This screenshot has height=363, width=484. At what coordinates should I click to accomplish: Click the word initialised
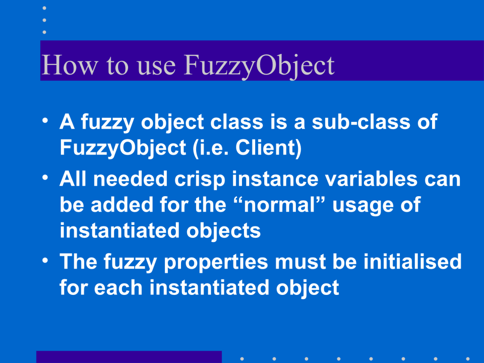[412, 261]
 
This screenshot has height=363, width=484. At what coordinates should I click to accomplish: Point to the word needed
[130, 179]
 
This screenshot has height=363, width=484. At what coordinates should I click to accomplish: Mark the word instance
[275, 179]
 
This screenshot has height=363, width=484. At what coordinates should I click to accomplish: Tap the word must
[300, 262]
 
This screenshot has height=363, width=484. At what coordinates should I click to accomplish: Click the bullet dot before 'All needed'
[45, 178]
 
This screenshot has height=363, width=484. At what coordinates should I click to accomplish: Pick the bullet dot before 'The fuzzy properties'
[45, 260]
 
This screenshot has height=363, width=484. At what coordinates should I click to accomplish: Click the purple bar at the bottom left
[129, 357]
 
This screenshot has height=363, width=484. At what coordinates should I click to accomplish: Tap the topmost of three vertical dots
[44, 8]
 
